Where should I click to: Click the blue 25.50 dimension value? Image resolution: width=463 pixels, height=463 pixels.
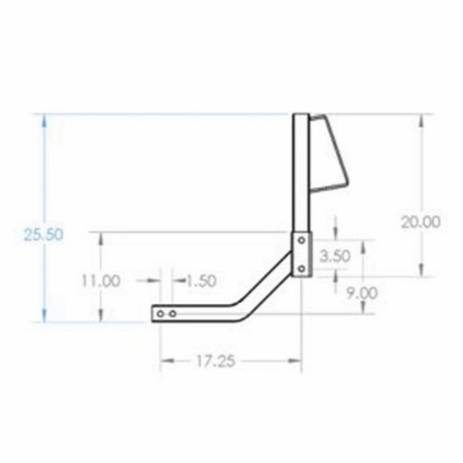(x=44, y=235)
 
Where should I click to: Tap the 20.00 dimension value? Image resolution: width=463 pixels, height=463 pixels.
(x=421, y=221)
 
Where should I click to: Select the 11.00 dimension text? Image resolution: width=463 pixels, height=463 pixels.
(x=101, y=280)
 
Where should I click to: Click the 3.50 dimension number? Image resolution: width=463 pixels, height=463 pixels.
(x=335, y=256)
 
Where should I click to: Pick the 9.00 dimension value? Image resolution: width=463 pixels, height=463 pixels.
(x=362, y=293)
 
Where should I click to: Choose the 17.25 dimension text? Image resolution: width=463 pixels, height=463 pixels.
(x=216, y=361)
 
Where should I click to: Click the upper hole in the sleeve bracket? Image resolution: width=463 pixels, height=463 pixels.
(x=301, y=241)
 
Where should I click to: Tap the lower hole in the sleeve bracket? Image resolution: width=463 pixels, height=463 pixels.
(x=301, y=269)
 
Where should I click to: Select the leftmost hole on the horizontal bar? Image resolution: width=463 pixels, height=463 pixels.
(x=160, y=314)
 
